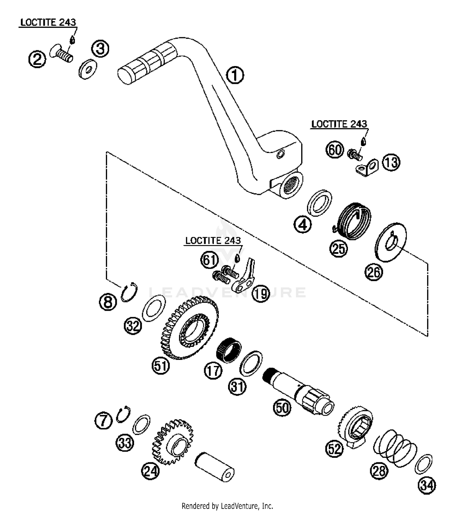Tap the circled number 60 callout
tap(335, 149)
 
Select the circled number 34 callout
tap(427, 485)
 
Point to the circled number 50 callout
tap(282, 407)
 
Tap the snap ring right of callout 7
tap(124, 414)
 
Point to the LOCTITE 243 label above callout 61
tap(213, 241)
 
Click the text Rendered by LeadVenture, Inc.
tap(227, 506)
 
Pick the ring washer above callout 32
tap(154, 308)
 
